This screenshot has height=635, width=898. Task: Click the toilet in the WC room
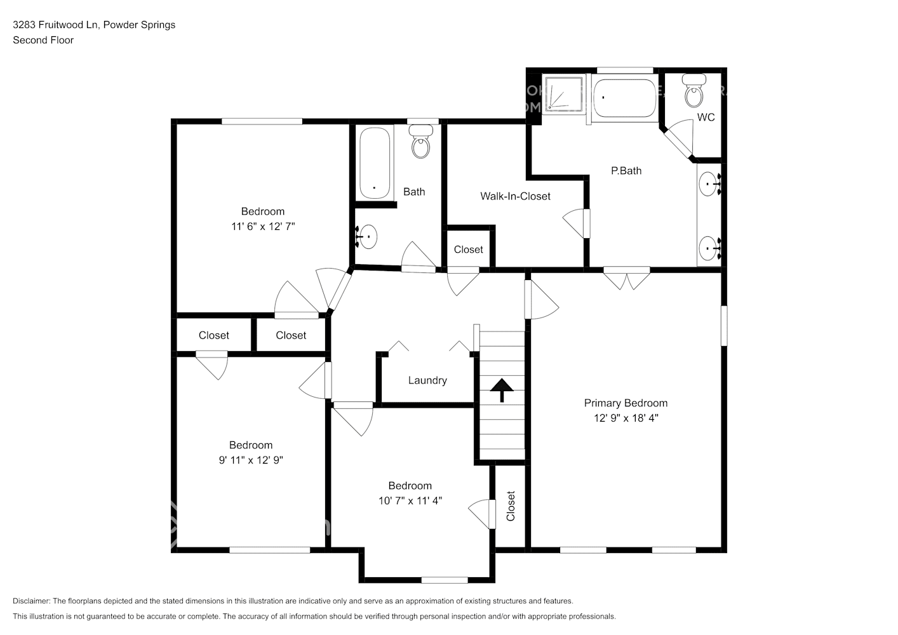click(x=694, y=92)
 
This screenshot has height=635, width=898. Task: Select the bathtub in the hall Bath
click(x=374, y=163)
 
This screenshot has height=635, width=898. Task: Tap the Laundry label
click(x=427, y=380)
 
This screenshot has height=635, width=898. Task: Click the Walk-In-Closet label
click(x=515, y=196)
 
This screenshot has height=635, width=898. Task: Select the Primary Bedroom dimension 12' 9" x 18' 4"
click(x=626, y=418)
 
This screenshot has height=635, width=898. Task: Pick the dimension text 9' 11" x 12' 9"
click(x=251, y=460)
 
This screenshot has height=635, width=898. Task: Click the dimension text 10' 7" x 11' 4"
click(x=410, y=500)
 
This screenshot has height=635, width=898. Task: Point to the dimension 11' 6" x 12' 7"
click(x=263, y=226)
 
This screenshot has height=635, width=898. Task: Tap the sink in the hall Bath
click(x=367, y=237)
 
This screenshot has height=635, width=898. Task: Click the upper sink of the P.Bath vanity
click(x=709, y=185)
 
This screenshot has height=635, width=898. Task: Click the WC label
click(x=706, y=117)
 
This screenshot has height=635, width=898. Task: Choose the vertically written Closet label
click(x=511, y=506)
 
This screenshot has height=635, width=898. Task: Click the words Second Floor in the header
click(x=43, y=40)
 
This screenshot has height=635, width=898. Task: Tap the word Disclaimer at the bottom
click(x=30, y=601)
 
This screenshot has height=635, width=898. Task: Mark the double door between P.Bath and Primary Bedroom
click(x=626, y=277)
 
